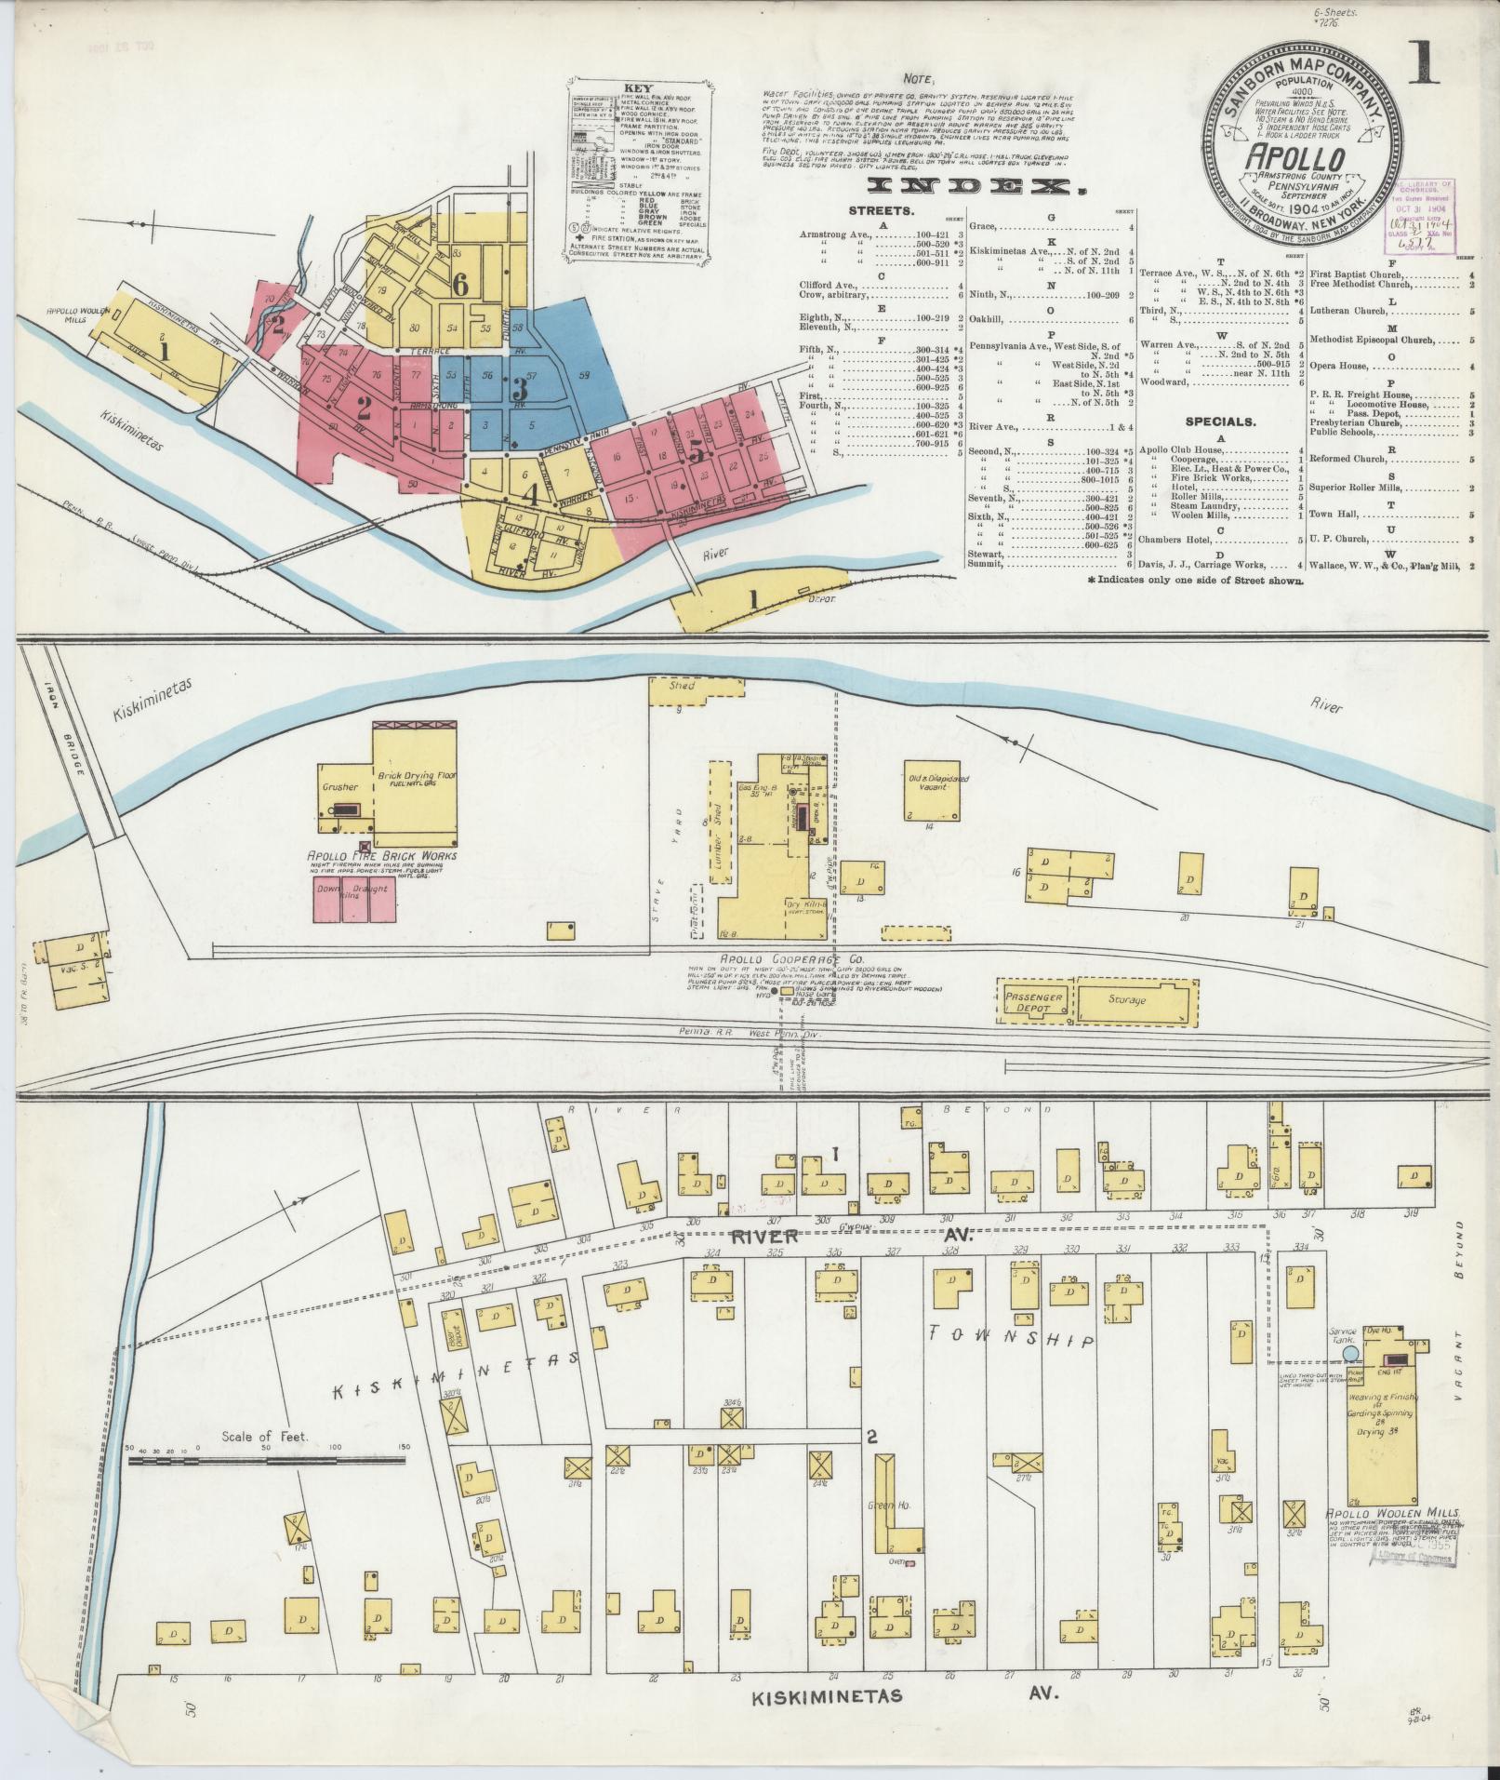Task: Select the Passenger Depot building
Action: (x=1032, y=1000)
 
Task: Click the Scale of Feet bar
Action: (x=265, y=1487)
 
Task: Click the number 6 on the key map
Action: (x=459, y=285)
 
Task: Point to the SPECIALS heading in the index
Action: (x=1220, y=422)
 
